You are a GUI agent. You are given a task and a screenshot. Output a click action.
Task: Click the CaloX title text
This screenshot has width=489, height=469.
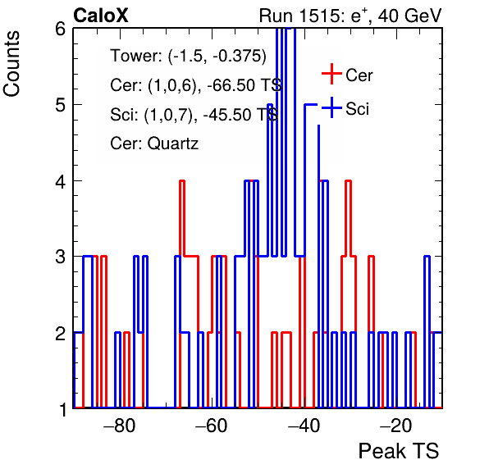point(101,16)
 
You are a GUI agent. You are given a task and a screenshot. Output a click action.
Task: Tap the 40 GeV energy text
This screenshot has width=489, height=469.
point(409,16)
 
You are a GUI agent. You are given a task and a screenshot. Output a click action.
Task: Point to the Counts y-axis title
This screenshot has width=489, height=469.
point(11,64)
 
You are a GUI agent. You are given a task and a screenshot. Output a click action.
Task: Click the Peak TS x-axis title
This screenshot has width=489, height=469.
point(399,451)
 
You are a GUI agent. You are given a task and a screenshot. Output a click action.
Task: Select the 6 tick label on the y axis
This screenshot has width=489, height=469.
point(61,30)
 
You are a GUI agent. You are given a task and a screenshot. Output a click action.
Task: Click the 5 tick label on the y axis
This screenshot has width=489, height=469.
point(61,105)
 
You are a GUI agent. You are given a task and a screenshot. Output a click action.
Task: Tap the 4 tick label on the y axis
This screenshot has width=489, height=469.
point(61,181)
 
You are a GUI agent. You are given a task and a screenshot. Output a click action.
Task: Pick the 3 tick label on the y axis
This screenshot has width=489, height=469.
point(61,257)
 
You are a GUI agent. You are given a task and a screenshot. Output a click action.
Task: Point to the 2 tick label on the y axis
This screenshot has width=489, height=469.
point(61,334)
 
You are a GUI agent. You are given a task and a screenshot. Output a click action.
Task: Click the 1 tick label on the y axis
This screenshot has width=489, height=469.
point(63,409)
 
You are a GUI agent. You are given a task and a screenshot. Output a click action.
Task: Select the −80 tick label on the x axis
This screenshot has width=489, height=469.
point(120,426)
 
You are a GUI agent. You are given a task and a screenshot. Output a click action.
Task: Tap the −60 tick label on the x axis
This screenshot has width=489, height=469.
point(212,426)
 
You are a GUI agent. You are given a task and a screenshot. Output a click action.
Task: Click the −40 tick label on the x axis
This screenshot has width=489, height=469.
point(304,426)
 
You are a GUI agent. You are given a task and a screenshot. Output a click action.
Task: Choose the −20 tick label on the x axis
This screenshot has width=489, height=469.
point(395,426)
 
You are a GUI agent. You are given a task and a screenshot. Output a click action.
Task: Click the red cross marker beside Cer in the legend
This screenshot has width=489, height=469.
point(331,74)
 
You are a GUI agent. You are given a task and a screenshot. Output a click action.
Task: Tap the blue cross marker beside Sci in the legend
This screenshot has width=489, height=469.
point(331,107)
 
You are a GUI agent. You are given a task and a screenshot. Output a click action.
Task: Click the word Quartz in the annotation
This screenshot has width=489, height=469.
point(173,143)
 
